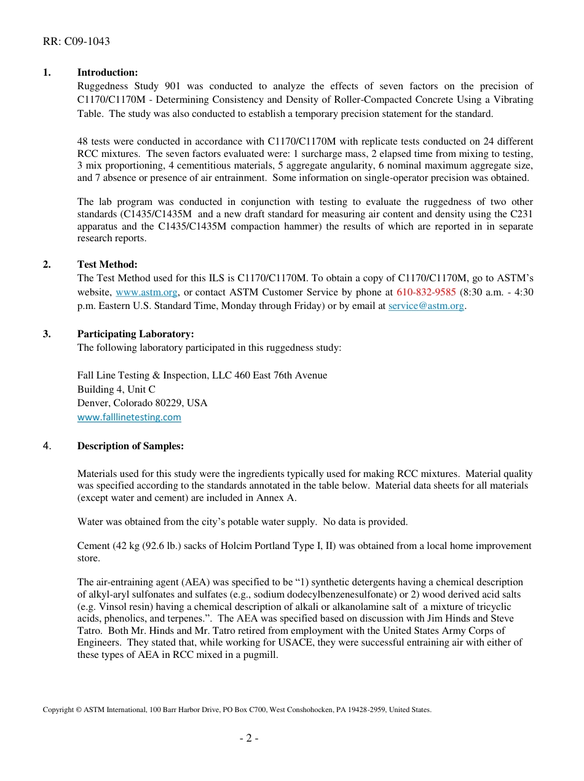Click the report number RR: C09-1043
click(x=76, y=42)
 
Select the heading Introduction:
click(x=107, y=73)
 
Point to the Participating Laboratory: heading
click(x=135, y=334)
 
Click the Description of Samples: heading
click(x=130, y=446)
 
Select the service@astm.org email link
click(x=426, y=306)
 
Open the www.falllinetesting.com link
click(x=129, y=417)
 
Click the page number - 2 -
click(x=249, y=738)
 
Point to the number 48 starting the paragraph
click(x=82, y=142)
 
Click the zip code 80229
click(x=174, y=403)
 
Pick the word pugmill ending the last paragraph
click(x=261, y=655)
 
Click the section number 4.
click(x=47, y=446)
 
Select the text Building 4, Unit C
click(x=116, y=390)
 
